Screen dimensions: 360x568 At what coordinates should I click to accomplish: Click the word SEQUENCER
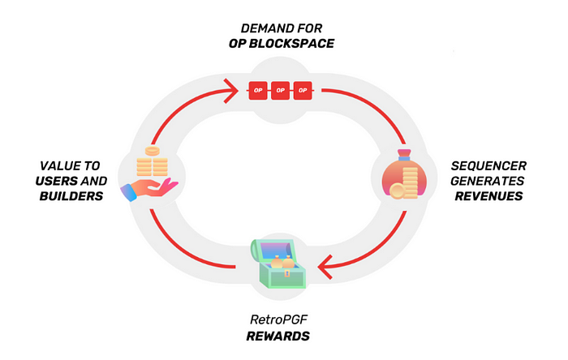487,165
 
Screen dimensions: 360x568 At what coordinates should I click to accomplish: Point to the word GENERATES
487,180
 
